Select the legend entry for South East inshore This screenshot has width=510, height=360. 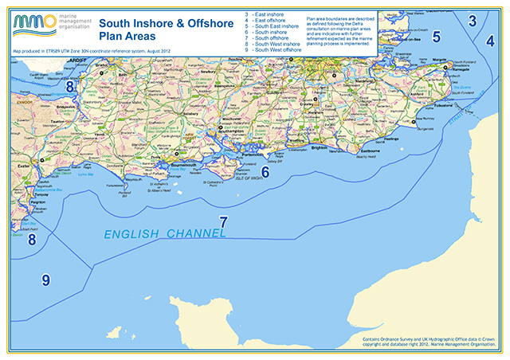click(273, 29)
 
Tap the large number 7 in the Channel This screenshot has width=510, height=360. click(224, 224)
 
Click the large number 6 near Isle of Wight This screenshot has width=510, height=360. click(265, 171)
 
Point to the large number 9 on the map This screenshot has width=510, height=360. click(45, 280)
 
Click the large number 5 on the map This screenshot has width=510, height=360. click(436, 36)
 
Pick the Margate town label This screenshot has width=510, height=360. click(461, 59)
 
